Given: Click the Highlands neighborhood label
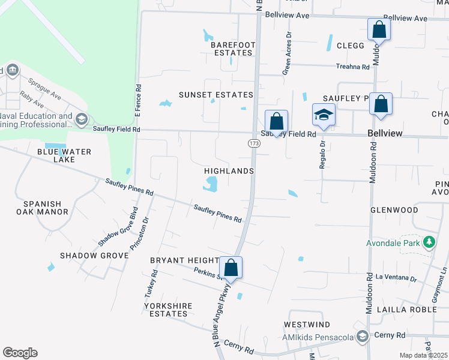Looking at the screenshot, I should coord(230,171).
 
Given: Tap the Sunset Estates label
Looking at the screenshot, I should coord(216,95).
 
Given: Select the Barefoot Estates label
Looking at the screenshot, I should coord(233,49).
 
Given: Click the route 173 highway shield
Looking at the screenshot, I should coord(253,143).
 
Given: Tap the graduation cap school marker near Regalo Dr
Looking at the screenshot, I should coord(324,115).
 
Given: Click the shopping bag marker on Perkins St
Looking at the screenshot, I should coord(231,268).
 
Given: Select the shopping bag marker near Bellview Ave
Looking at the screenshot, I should coord(379,29).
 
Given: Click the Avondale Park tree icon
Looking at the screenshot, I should coord(429,242).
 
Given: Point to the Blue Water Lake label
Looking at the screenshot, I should coord(64,155).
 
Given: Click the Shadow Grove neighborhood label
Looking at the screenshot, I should coord(94,256).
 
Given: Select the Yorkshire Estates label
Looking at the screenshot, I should coord(168,310).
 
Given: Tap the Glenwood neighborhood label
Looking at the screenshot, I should coord(394,210).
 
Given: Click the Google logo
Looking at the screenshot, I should coord(20,353).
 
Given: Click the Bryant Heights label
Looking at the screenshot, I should coord(184,260).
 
